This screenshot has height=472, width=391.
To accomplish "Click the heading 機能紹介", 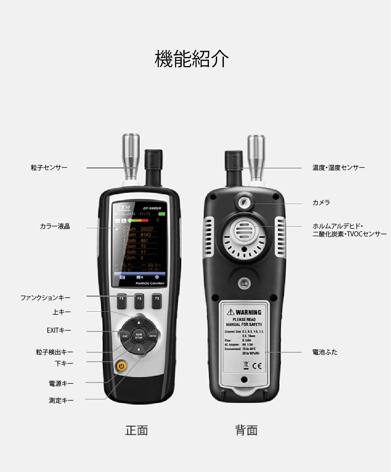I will coord(192,59).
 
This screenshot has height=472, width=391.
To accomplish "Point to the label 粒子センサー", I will coord(49,168).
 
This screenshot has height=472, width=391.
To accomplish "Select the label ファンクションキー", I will coord(46,298).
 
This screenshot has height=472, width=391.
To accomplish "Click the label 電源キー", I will coord(61,383).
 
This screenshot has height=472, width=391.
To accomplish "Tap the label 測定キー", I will coord(61,400).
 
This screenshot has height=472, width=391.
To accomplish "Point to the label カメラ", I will coord(321,203).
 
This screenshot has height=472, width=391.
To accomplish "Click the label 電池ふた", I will coord(325,352).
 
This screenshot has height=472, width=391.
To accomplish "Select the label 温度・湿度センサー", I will coord(338,168).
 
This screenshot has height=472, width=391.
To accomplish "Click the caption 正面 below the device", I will coord(136,430).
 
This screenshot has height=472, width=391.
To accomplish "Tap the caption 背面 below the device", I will coord(246,430).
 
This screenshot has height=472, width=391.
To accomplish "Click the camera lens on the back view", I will coord(244,203).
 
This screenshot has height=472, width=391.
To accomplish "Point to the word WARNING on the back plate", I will coord(248,312).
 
